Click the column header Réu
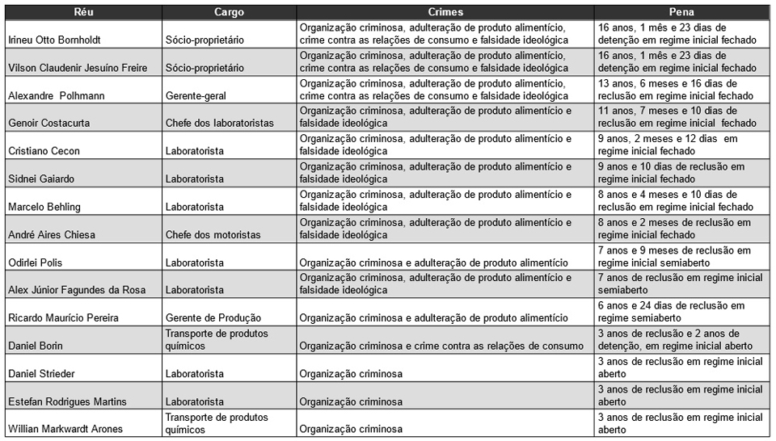(x=82, y=12)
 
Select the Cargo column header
(x=230, y=12)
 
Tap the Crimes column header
(x=445, y=12)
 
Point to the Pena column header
(x=681, y=12)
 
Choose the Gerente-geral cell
(x=196, y=96)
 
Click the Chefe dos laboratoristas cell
(x=219, y=124)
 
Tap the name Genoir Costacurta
(x=48, y=124)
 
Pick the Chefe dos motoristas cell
(x=213, y=235)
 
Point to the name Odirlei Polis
(x=36, y=262)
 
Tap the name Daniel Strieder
(x=43, y=374)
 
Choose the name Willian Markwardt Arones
(x=65, y=429)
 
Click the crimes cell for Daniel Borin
(x=441, y=346)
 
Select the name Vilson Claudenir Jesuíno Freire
(x=78, y=68)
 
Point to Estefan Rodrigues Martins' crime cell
(x=351, y=401)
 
